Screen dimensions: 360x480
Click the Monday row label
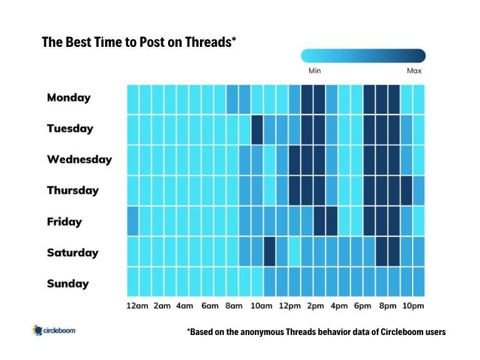pos(69,97)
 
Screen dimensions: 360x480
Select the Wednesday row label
pos(79,159)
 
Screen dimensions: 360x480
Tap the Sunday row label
pos(67,284)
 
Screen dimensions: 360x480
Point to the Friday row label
pos(64,222)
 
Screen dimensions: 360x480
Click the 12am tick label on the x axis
pos(137,306)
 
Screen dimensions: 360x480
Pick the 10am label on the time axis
pos(261,306)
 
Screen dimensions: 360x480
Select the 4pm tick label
pos(339,306)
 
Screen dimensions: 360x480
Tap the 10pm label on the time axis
pos(413,306)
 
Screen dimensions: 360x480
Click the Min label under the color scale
pos(314,71)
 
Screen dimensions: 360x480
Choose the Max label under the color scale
pos(414,71)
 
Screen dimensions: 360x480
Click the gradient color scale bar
pos(363,56)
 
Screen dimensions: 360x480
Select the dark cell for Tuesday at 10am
pos(257,129)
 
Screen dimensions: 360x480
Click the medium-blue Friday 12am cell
pos(132,221)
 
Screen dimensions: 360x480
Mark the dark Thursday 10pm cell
pos(406,191)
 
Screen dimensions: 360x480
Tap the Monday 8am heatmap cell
pos(232,98)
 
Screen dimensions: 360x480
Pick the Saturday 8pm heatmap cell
pos(381,252)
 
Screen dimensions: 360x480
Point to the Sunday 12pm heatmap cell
pos(282,282)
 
